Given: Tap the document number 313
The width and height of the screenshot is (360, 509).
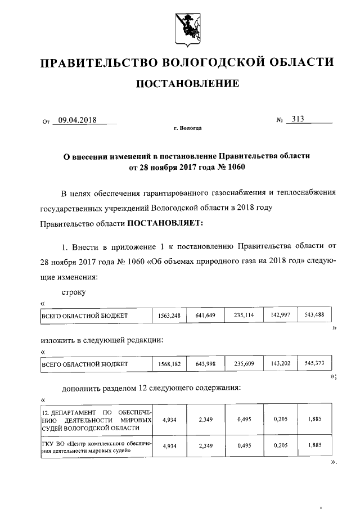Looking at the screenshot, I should point(295,119).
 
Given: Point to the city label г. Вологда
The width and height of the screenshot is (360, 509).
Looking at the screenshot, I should point(187,128).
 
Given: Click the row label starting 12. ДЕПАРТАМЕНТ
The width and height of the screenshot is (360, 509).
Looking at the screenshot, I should point(97,420).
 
